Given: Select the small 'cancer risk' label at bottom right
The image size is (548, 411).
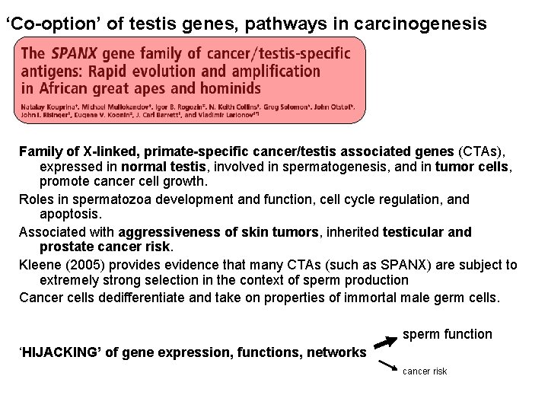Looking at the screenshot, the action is pos(425,371).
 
